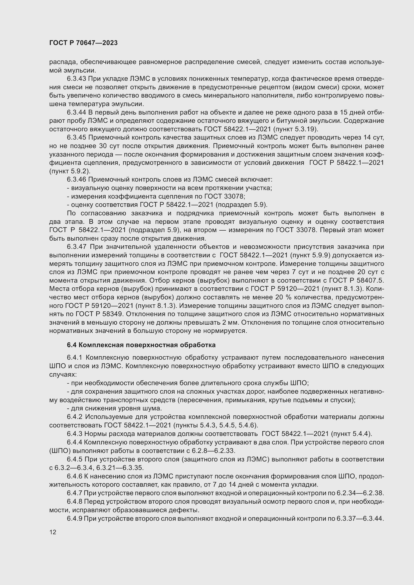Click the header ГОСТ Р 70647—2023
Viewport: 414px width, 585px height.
(x=83, y=43)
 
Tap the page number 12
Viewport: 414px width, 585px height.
(x=53, y=532)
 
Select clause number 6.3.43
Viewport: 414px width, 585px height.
(x=77, y=79)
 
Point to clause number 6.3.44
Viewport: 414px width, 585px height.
(x=77, y=112)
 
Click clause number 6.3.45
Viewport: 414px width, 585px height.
(x=77, y=138)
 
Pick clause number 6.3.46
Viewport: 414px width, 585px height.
(x=77, y=179)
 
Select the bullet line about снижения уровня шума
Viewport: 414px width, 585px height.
(x=114, y=408)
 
